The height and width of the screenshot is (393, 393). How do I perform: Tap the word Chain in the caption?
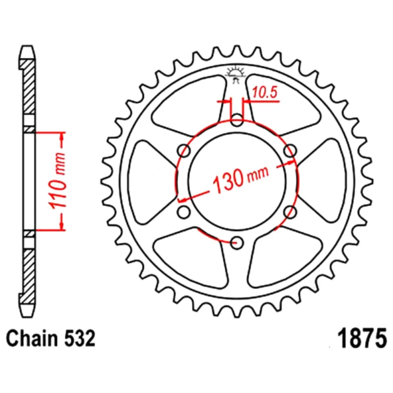click(32, 338)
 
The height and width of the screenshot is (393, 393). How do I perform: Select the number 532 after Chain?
click(80, 338)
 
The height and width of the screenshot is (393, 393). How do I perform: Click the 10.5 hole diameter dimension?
click(265, 92)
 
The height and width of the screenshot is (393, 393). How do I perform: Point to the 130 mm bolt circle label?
click(241, 178)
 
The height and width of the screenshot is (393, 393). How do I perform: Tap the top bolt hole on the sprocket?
click(237, 119)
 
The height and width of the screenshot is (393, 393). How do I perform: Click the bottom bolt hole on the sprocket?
click(237, 242)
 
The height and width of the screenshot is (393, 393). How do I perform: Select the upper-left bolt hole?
click(184, 151)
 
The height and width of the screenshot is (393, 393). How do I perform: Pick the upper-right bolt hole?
click(290, 151)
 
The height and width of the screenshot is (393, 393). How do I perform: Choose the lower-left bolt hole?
click(184, 212)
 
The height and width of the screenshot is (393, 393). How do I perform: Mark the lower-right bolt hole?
click(290, 212)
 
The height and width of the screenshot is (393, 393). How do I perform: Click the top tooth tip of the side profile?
click(27, 46)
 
